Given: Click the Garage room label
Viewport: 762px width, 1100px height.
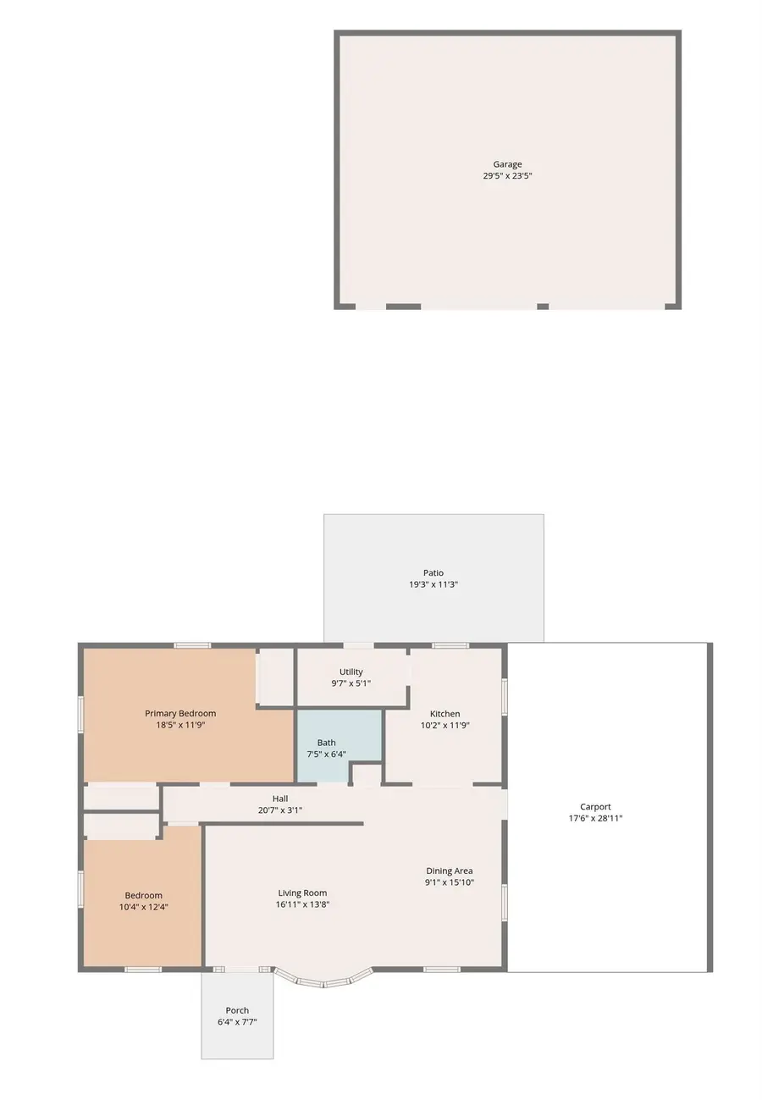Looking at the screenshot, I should click(x=507, y=164).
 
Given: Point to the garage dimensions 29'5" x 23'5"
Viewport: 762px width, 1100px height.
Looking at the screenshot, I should click(x=507, y=176).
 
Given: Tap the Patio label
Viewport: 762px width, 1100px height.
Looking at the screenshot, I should click(x=433, y=573).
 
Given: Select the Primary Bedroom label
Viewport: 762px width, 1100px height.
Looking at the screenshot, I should click(x=180, y=713).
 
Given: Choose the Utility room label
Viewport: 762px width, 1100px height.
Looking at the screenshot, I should click(x=351, y=672).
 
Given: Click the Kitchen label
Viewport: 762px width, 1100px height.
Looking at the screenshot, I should click(x=444, y=714).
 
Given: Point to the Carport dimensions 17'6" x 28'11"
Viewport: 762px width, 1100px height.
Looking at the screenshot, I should click(x=595, y=819).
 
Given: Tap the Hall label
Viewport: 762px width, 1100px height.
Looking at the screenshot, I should click(x=280, y=799).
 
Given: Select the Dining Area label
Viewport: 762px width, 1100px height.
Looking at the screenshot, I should click(x=449, y=871).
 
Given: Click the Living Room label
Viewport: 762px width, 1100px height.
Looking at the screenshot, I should click(x=302, y=893).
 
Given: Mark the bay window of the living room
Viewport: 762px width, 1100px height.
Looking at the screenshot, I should click(x=323, y=981).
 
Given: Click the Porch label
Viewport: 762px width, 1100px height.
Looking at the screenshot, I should click(x=237, y=1010).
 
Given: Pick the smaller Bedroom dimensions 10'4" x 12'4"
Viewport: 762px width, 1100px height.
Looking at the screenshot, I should click(x=143, y=907).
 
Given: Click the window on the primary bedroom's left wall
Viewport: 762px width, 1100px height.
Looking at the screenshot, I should click(x=81, y=714).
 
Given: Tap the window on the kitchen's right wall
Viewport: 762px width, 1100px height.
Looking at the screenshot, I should click(x=505, y=695).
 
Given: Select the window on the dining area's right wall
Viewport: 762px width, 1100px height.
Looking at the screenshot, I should click(x=505, y=902).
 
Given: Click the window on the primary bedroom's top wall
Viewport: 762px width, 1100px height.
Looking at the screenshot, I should click(x=192, y=645).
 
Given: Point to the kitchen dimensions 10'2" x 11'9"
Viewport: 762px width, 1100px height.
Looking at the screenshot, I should click(x=444, y=726).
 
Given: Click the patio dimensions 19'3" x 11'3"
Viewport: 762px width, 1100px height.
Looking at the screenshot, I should click(x=433, y=585).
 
